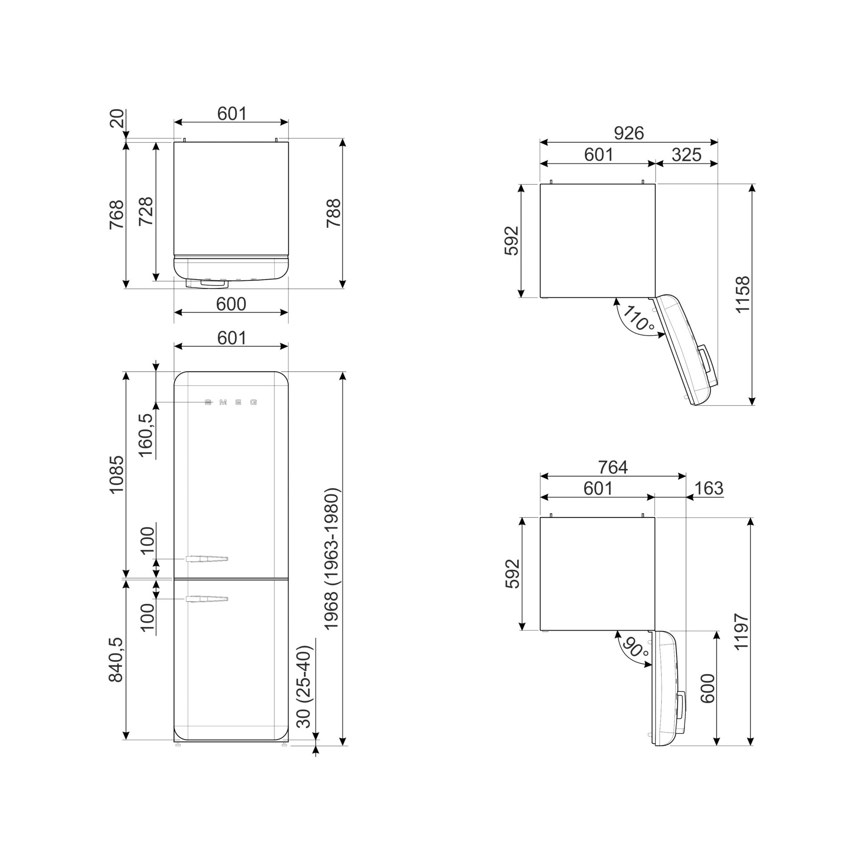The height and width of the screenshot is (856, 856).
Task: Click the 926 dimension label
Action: click(x=629, y=133)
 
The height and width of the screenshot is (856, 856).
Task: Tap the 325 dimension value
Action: click(x=687, y=155)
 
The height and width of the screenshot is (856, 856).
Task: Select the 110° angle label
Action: click(x=638, y=318)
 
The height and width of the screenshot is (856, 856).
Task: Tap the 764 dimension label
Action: click(x=613, y=467)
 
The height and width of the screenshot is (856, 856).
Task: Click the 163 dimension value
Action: click(x=708, y=488)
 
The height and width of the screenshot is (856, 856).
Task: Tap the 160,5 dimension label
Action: click(x=146, y=435)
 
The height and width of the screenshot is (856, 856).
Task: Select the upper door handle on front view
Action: click(x=207, y=559)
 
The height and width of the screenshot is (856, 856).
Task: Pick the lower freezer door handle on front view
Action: click(x=207, y=599)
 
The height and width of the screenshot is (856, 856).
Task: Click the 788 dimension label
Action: click(x=333, y=213)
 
